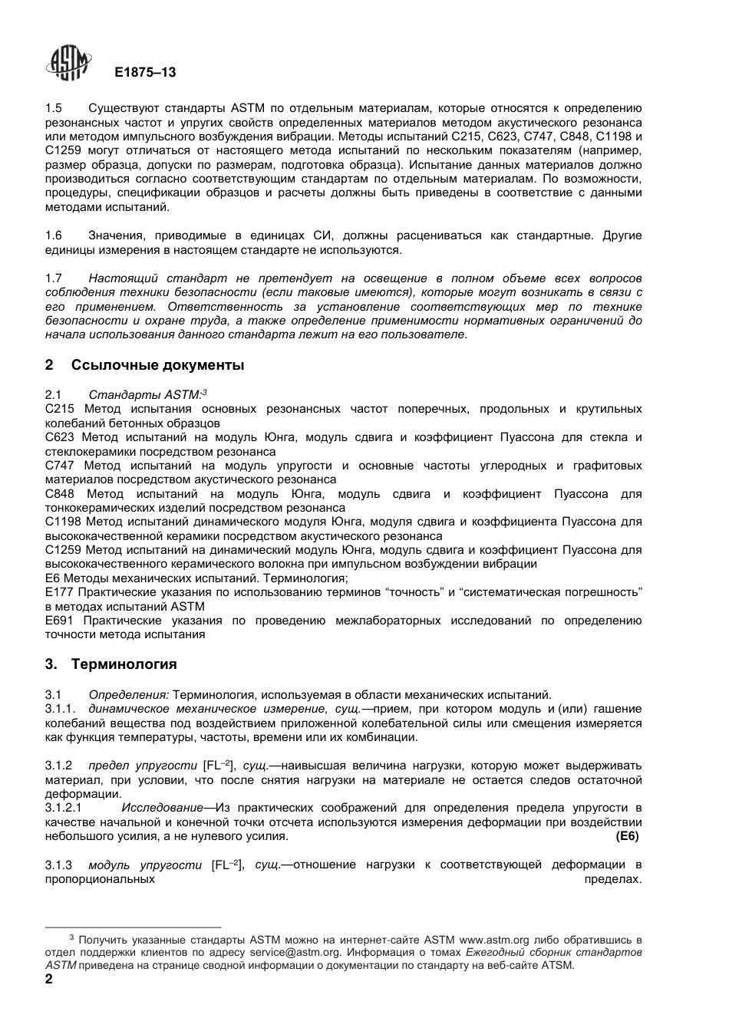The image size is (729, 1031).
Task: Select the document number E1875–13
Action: pyautogui.click(x=145, y=72)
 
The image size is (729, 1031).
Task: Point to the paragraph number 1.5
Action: pyautogui.click(x=54, y=108)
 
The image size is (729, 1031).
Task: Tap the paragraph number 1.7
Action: pyautogui.click(x=54, y=278)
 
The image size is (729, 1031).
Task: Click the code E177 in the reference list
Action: pyautogui.click(x=59, y=592)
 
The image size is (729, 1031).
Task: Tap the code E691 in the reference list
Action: pyautogui.click(x=59, y=621)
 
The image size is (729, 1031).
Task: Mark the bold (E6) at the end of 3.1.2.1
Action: pyautogui.click(x=627, y=836)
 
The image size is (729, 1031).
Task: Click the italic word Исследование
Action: pyautogui.click(x=162, y=808)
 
